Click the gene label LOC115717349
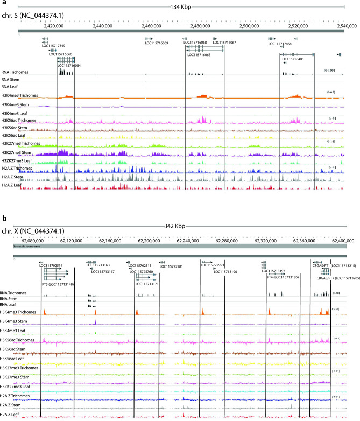tap(54, 46)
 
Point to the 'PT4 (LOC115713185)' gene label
tap(283, 277)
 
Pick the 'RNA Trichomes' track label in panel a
tap(15, 72)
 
